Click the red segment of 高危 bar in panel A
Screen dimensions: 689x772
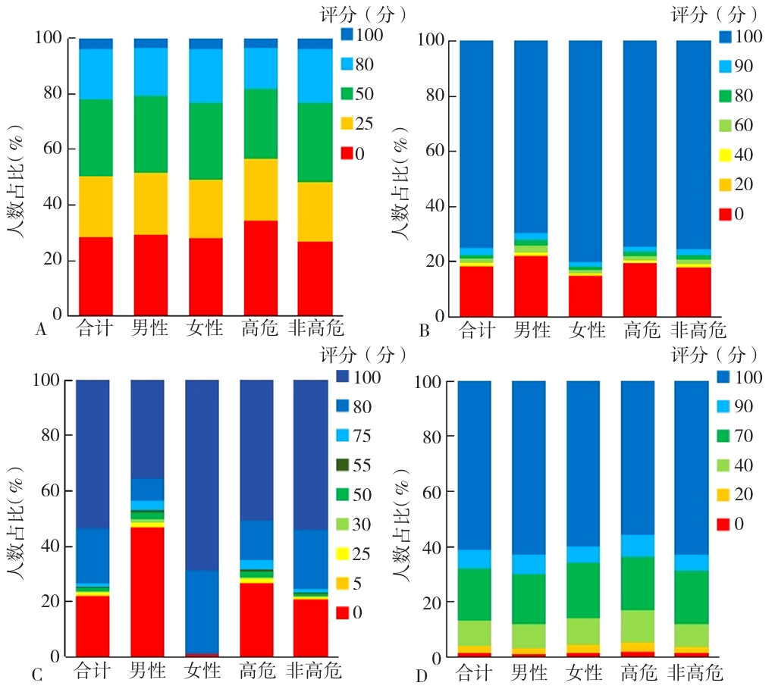(x=261, y=268)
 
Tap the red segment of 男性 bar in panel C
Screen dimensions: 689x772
(x=147, y=591)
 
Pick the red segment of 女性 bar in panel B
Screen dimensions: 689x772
(x=585, y=296)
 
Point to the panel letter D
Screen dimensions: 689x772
(x=422, y=674)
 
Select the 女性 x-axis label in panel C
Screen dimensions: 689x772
(x=203, y=672)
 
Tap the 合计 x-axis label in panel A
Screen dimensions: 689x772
(x=96, y=329)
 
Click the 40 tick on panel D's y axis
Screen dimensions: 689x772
(x=433, y=547)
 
